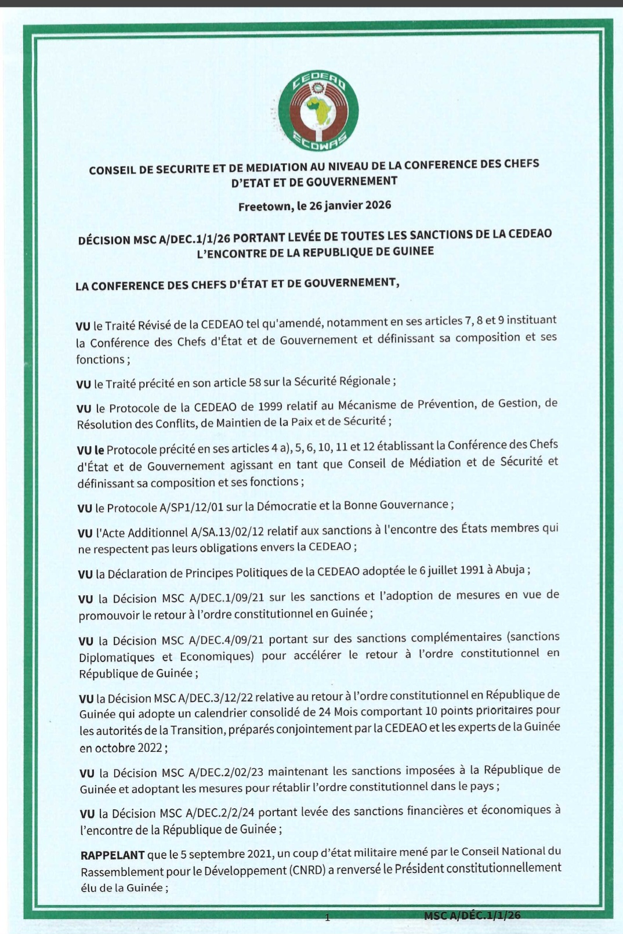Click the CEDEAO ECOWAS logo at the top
click(x=318, y=111)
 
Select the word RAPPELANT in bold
click(x=113, y=855)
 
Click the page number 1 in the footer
click(x=328, y=917)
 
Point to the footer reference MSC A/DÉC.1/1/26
click(x=472, y=915)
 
